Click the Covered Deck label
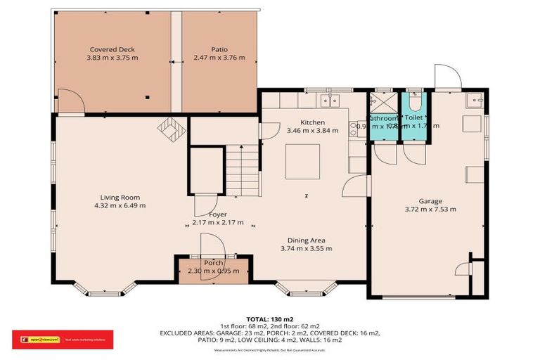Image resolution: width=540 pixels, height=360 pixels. point(112,49)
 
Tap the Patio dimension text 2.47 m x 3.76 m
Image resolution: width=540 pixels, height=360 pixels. point(219,58)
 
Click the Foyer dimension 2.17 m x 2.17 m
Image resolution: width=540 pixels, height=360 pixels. point(218,223)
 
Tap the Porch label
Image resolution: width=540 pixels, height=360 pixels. point(213,263)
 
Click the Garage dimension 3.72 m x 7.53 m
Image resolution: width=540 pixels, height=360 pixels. point(430,209)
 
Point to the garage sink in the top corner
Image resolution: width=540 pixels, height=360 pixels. point(474,99)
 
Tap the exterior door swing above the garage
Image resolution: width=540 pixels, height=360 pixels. point(445,77)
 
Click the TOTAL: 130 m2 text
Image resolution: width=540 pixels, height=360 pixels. point(269,319)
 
